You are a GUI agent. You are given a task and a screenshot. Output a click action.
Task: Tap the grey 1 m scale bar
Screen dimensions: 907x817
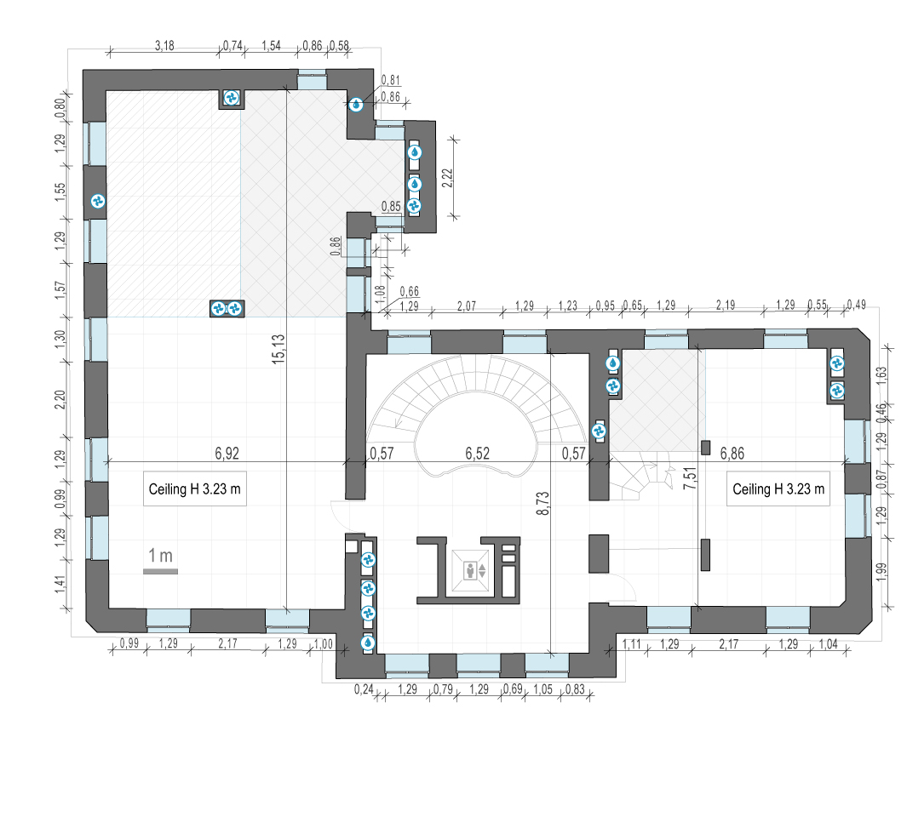tap(161, 571)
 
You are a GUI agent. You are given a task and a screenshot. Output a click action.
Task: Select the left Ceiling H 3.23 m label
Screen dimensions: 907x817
tap(195, 489)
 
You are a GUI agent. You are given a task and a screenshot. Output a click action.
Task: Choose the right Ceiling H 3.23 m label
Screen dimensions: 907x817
tap(778, 489)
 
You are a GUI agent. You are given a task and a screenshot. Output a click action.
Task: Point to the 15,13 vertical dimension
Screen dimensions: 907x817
tap(278, 349)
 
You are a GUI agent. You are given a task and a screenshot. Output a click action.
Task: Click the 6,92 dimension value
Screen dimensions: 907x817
tap(227, 454)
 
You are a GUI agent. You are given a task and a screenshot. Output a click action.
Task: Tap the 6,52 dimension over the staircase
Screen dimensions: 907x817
tap(477, 454)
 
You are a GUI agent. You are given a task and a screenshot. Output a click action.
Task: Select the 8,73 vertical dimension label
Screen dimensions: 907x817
tap(542, 503)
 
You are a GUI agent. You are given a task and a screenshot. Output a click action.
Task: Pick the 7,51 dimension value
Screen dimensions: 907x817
tap(690, 478)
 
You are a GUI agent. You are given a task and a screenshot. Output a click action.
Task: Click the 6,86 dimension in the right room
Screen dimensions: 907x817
tap(732, 454)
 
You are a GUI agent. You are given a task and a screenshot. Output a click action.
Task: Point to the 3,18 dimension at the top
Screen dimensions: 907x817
tap(165, 46)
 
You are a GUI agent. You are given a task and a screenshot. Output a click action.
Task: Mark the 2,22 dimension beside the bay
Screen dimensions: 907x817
tap(447, 178)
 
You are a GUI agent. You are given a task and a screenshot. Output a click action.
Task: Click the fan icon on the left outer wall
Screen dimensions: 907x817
tap(98, 201)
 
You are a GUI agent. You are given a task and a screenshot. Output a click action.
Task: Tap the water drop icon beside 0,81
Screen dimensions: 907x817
tap(356, 105)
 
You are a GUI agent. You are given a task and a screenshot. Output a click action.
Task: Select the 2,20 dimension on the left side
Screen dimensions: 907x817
tap(60, 399)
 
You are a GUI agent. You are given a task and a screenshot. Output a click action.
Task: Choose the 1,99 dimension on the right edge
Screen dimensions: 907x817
tap(881, 572)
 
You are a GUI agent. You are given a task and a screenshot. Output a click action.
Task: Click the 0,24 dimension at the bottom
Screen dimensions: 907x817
tap(364, 689)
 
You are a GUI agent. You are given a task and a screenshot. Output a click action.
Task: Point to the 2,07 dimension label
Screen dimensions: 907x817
tap(466, 306)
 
